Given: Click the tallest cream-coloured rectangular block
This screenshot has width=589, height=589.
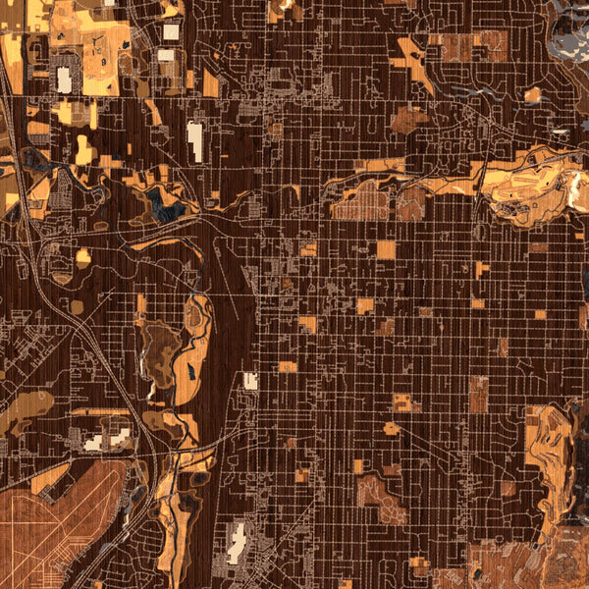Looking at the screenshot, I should tap(195, 141).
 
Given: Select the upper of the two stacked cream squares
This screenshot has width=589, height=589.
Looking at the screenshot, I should tap(171, 31).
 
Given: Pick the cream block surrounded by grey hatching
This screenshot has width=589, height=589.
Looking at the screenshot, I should tap(236, 542).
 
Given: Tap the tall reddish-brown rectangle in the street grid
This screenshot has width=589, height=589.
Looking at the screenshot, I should tap(478, 394).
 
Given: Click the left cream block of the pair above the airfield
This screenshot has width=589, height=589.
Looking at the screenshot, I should tap(94, 443).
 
